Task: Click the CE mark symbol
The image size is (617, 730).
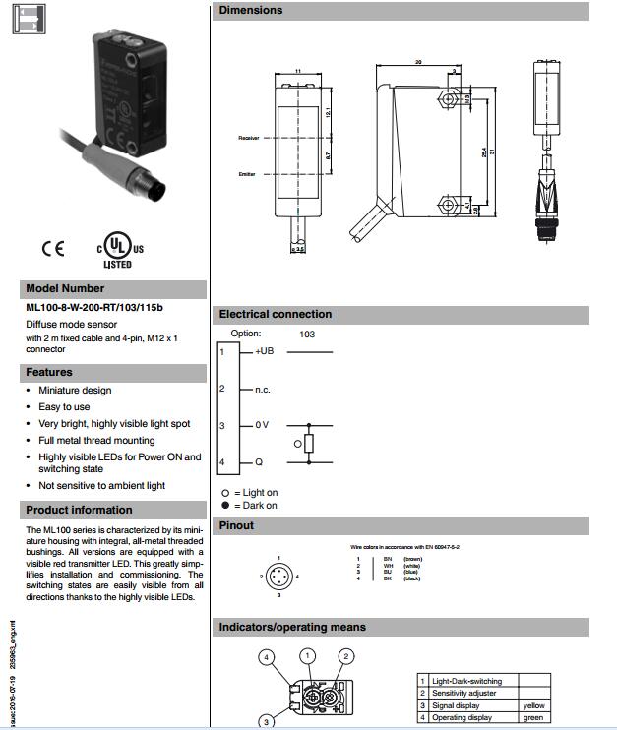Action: tap(52, 249)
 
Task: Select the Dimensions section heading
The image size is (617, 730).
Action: tap(250, 10)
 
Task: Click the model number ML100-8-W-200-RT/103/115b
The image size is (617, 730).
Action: tap(94, 307)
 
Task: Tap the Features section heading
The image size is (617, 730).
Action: tap(49, 372)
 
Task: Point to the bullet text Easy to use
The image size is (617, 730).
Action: tap(64, 406)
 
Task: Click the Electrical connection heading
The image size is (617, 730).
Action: tap(276, 314)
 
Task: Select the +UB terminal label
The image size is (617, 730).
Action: tap(264, 351)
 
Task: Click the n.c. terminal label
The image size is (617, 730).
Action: tap(263, 390)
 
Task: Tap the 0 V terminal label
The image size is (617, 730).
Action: tap(262, 425)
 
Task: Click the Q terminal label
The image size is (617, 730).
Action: tap(258, 461)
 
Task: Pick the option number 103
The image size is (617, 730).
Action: tap(307, 334)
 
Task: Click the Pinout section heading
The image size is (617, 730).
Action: tap(236, 525)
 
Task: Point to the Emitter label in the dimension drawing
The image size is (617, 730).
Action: tap(247, 174)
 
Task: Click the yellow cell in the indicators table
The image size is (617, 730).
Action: tap(533, 705)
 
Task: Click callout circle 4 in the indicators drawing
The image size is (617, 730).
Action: tap(265, 656)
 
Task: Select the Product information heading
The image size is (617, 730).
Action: tap(79, 510)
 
